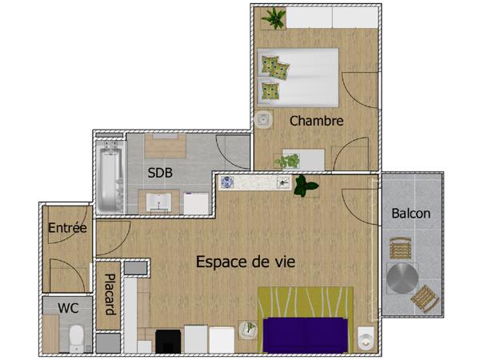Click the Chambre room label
coord(316,122)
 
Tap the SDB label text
coord(160,172)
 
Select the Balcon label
coord(411,214)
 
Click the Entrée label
coord(67,227)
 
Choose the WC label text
coord(68,306)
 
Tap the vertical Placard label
coord(108,295)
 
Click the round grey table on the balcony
coord(402,280)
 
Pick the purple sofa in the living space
coord(305,334)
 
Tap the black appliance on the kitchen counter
coord(168,341)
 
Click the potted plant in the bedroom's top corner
coord(274,18)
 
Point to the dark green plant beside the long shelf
coord(305,186)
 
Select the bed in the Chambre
coord(298,77)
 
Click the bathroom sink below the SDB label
coord(158,202)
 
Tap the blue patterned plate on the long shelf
coord(227,182)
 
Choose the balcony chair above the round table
coord(398,247)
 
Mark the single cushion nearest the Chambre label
coord(275,91)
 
